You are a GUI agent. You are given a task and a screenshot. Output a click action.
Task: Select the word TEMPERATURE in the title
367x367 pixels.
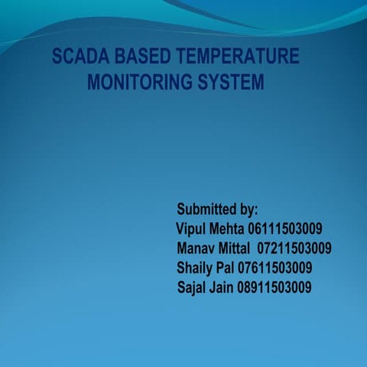point(237,57)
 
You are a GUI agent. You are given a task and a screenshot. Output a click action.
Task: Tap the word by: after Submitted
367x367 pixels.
point(248,209)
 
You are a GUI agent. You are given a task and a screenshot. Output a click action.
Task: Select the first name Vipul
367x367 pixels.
point(190,229)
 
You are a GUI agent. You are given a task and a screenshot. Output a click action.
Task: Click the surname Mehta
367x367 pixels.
point(227,229)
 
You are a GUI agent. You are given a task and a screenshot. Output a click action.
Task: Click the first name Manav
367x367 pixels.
point(196,248)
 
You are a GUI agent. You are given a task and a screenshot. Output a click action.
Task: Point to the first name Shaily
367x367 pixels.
point(196,268)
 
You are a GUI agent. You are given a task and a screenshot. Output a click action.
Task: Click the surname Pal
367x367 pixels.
point(226,268)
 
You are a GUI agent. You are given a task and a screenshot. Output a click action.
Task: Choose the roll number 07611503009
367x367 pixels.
point(275,268)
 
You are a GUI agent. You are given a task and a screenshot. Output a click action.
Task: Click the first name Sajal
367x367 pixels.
point(192,288)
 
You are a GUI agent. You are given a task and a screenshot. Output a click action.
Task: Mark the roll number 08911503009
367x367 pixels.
point(274,288)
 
